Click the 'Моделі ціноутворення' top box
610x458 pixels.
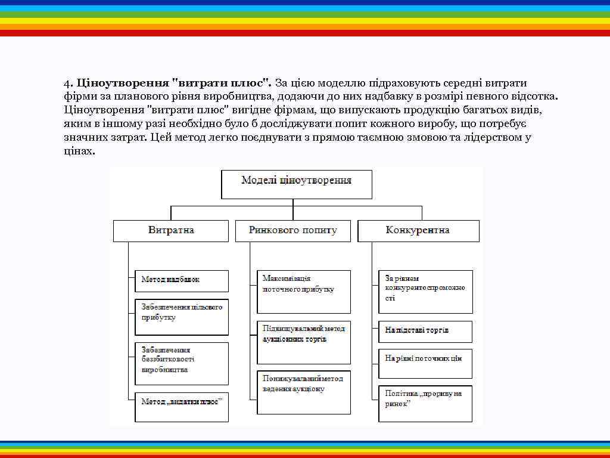[297, 184]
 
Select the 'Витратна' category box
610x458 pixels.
[171, 231]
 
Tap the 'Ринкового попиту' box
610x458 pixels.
[293, 231]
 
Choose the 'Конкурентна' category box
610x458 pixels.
[418, 231]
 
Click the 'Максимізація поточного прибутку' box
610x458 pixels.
[304, 292]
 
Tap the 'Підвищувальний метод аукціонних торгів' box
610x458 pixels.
[304, 342]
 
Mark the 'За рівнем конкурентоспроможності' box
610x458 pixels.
[426, 292]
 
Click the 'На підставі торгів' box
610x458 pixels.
[426, 331]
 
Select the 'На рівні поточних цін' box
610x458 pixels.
[426, 363]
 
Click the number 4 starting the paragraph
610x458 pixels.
[67, 83]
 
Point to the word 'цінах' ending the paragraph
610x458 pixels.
[77, 151]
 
